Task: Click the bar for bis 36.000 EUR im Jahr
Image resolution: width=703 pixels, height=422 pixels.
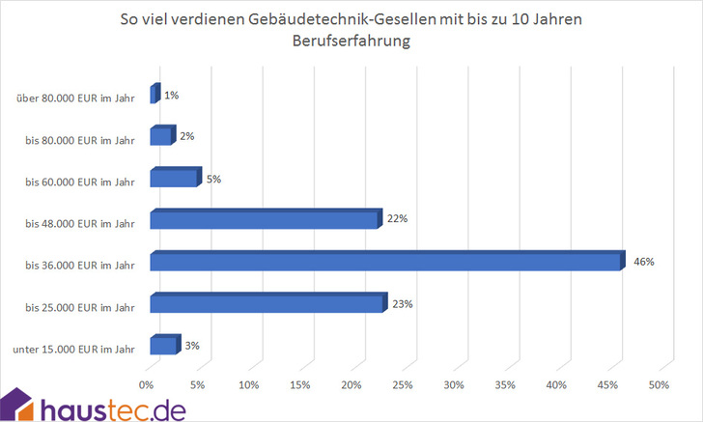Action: point(386,262)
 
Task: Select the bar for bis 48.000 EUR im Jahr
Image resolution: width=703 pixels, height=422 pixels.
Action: point(266,220)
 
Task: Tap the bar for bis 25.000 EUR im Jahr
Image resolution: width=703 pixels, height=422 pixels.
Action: point(267,304)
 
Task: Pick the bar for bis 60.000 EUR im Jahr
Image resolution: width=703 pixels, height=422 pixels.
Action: point(175,178)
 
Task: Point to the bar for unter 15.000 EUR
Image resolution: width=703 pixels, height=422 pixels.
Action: point(164,346)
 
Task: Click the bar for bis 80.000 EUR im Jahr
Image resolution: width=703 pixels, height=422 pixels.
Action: point(162,136)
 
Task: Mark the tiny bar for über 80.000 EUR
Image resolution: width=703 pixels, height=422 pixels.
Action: point(155,95)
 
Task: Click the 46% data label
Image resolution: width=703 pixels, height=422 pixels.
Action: point(644,262)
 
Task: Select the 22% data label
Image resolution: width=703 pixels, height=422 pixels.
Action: point(398,219)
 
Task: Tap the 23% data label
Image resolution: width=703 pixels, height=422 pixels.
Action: point(403,304)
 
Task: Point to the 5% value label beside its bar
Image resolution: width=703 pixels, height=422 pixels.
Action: point(214,178)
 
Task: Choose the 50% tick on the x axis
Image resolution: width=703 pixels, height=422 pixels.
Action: point(659,385)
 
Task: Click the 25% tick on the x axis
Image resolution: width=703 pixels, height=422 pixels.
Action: point(403,385)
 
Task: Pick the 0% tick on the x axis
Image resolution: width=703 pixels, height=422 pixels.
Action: point(147,385)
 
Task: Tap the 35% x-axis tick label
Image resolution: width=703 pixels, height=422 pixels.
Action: point(505,385)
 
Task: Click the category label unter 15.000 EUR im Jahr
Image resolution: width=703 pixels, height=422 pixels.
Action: point(75,349)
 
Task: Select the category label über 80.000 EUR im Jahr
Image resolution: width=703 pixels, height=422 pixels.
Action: point(75,98)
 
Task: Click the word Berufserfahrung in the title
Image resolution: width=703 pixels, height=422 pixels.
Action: point(351,42)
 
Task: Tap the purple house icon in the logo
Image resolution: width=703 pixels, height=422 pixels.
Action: point(19,404)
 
